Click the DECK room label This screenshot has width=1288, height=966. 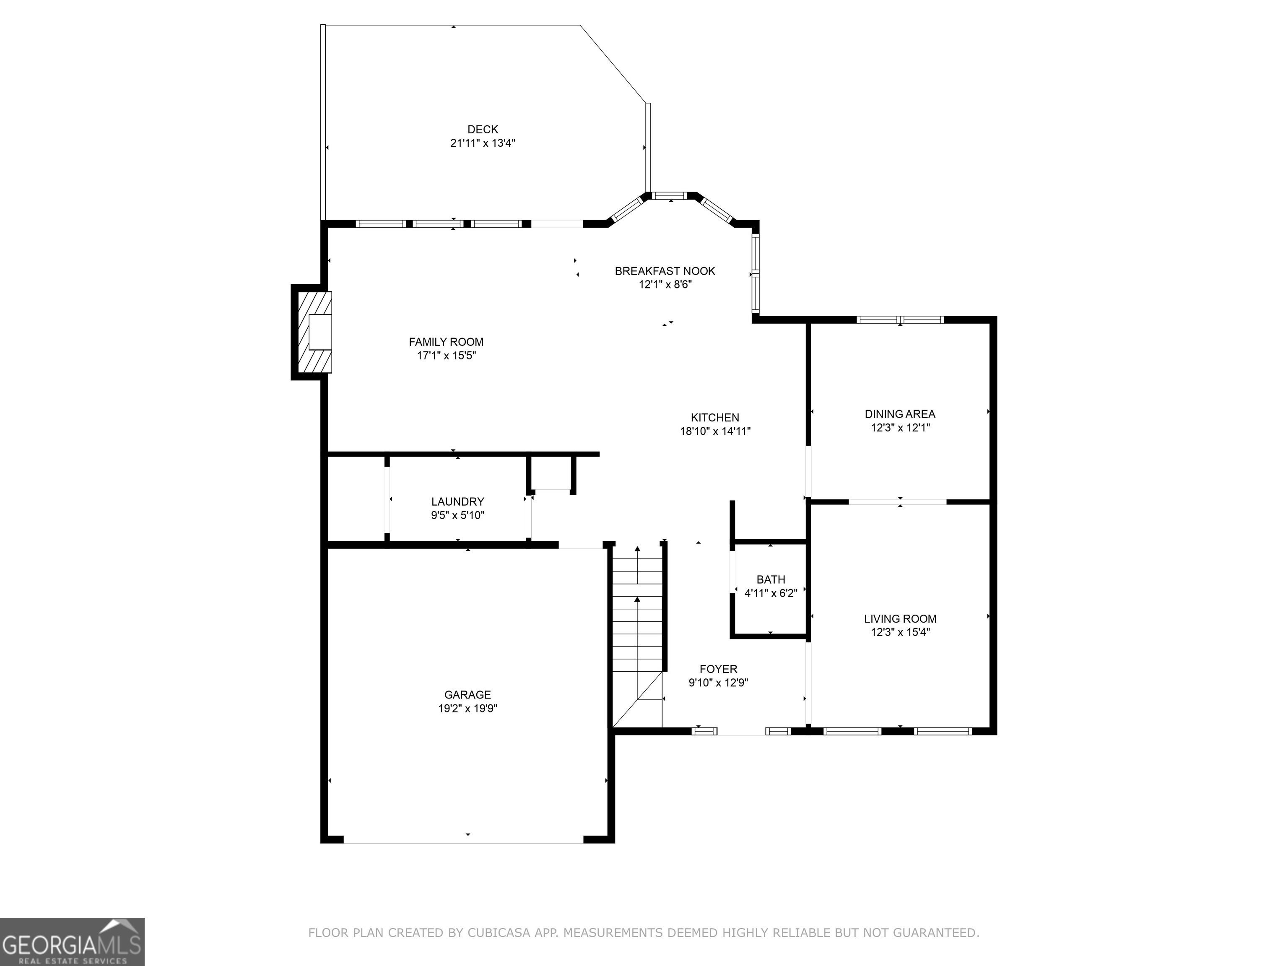(x=483, y=129)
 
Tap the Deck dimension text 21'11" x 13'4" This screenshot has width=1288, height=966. (x=483, y=143)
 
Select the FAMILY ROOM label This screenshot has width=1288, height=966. (x=446, y=342)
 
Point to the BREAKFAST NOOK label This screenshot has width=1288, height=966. (x=665, y=271)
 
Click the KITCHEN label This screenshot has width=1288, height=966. (x=715, y=418)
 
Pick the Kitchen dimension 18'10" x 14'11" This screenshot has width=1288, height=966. (x=715, y=431)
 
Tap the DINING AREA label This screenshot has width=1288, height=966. (x=900, y=414)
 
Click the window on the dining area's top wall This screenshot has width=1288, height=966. (x=900, y=319)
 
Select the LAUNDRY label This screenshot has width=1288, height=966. (x=458, y=501)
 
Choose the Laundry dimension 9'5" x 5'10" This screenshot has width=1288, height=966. (x=458, y=515)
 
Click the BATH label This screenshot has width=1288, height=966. (x=771, y=579)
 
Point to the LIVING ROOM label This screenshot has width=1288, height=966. (x=900, y=619)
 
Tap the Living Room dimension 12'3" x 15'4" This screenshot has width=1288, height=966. (x=900, y=632)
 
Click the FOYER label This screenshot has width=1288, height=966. (x=719, y=669)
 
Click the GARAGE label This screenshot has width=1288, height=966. (x=467, y=695)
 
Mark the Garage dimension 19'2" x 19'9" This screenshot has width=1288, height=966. (x=467, y=709)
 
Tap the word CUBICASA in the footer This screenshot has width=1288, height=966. (x=499, y=933)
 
